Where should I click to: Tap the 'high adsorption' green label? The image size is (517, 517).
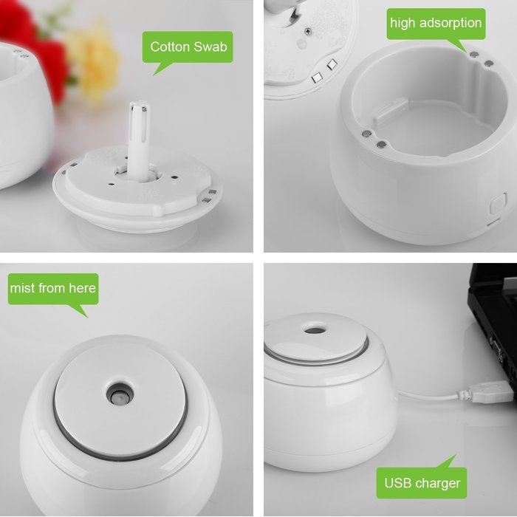pos(436,24)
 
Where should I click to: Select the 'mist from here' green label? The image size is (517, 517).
pos(52,288)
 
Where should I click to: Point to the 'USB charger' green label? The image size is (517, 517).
pos(422,484)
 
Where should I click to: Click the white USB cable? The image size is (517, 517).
pos(428,395)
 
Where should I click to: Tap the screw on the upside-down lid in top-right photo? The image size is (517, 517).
pos(305,32)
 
